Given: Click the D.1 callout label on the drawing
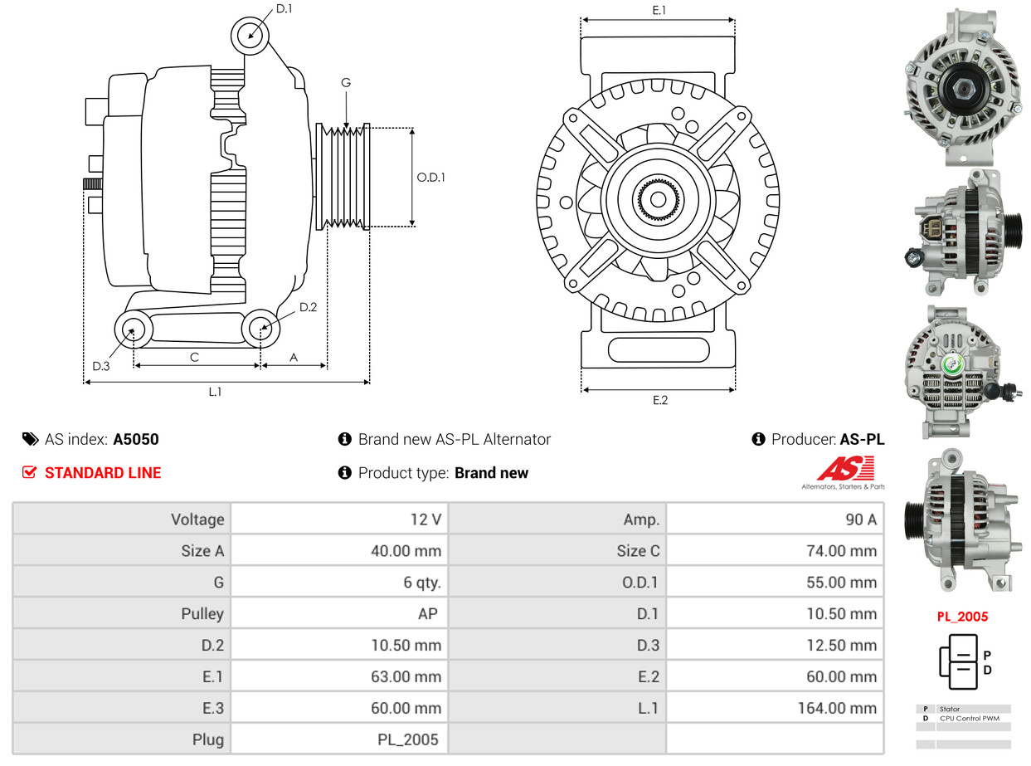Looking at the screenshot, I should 284,9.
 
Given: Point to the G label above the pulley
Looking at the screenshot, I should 346,83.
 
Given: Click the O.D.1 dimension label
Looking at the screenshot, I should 430,177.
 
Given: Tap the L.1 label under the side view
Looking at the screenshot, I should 215,392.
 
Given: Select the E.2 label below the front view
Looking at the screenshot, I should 659,400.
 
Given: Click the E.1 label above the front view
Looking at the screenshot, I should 659,10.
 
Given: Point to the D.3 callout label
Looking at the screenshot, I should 101,366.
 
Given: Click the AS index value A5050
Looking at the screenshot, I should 136,439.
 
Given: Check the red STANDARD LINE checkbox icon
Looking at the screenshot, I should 30,472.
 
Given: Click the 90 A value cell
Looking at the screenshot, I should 860,520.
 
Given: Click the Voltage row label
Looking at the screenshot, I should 197,520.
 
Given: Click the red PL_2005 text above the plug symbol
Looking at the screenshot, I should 962,617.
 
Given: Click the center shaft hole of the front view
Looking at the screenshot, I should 658,199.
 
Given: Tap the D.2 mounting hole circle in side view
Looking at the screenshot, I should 260,328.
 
